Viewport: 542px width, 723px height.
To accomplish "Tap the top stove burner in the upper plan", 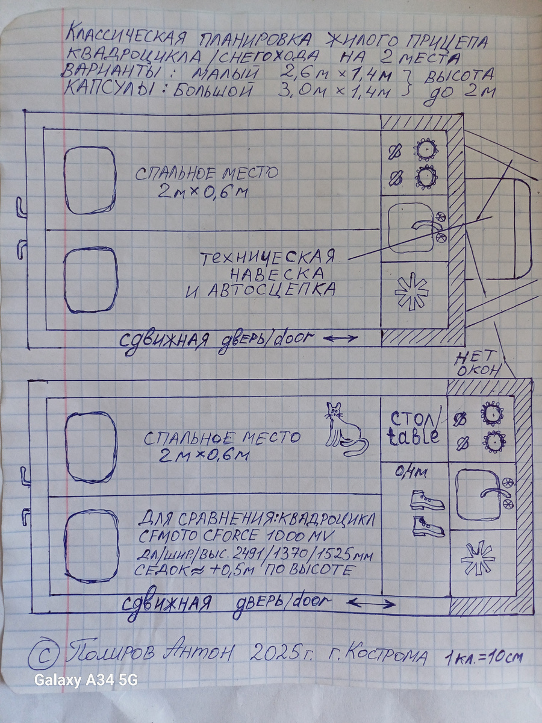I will [426, 148].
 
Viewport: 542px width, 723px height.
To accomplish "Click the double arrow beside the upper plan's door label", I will [340, 339].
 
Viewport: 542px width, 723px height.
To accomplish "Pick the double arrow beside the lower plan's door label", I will [373, 602].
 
